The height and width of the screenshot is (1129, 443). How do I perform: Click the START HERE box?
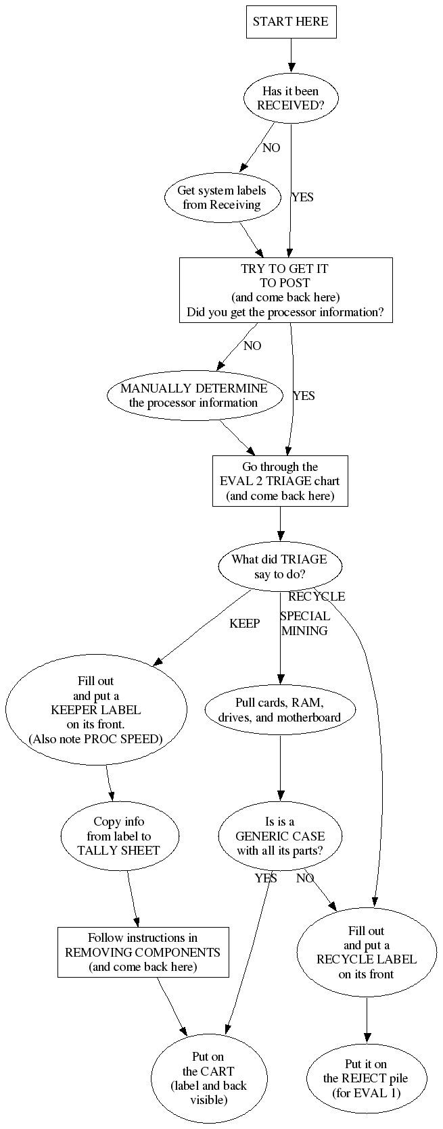click(x=291, y=22)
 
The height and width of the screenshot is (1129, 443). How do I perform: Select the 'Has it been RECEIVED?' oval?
click(x=291, y=99)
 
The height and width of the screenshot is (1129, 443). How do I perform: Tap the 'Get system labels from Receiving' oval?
click(x=222, y=197)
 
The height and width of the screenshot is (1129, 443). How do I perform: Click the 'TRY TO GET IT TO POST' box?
click(x=285, y=291)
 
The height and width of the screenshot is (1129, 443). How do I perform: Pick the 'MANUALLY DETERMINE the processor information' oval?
click(x=193, y=396)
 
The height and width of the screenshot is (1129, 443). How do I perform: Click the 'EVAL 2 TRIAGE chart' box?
click(x=280, y=481)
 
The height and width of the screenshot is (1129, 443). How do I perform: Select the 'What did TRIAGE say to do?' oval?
click(x=279, y=566)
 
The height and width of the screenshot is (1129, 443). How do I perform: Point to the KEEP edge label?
click(x=244, y=624)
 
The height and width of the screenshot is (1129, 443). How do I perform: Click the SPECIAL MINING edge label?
click(x=305, y=624)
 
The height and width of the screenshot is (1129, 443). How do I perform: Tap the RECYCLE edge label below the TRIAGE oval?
click(x=317, y=597)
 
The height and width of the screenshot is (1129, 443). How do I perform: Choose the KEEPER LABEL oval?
click(x=96, y=709)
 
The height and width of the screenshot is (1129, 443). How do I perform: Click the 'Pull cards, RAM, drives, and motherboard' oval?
click(x=279, y=709)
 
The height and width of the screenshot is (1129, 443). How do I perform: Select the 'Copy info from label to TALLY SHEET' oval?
click(x=118, y=836)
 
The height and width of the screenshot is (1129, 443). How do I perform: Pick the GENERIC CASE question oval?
click(x=280, y=836)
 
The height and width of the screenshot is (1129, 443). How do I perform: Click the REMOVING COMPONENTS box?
click(x=143, y=952)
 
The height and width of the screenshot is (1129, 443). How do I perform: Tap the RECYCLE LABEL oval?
click(x=367, y=952)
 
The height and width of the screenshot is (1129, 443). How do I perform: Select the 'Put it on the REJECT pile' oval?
click(x=366, y=1078)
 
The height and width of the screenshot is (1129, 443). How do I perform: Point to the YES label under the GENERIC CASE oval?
click(x=266, y=878)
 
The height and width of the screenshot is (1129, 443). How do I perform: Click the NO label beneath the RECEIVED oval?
click(x=271, y=148)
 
